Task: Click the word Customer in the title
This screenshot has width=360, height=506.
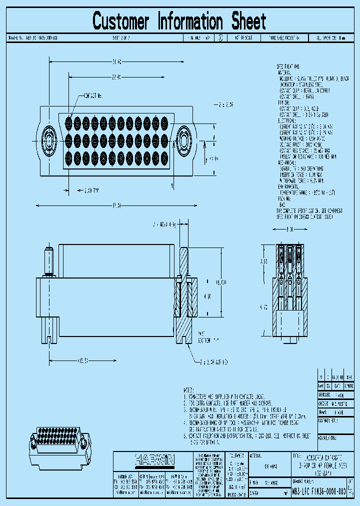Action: (x=121, y=21)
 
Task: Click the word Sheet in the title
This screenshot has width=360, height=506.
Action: (x=248, y=21)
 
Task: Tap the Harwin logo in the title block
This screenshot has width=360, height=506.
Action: (x=153, y=458)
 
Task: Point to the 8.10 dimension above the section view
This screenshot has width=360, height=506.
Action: (x=289, y=229)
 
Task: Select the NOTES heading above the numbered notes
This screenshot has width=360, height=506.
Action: (x=188, y=389)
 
